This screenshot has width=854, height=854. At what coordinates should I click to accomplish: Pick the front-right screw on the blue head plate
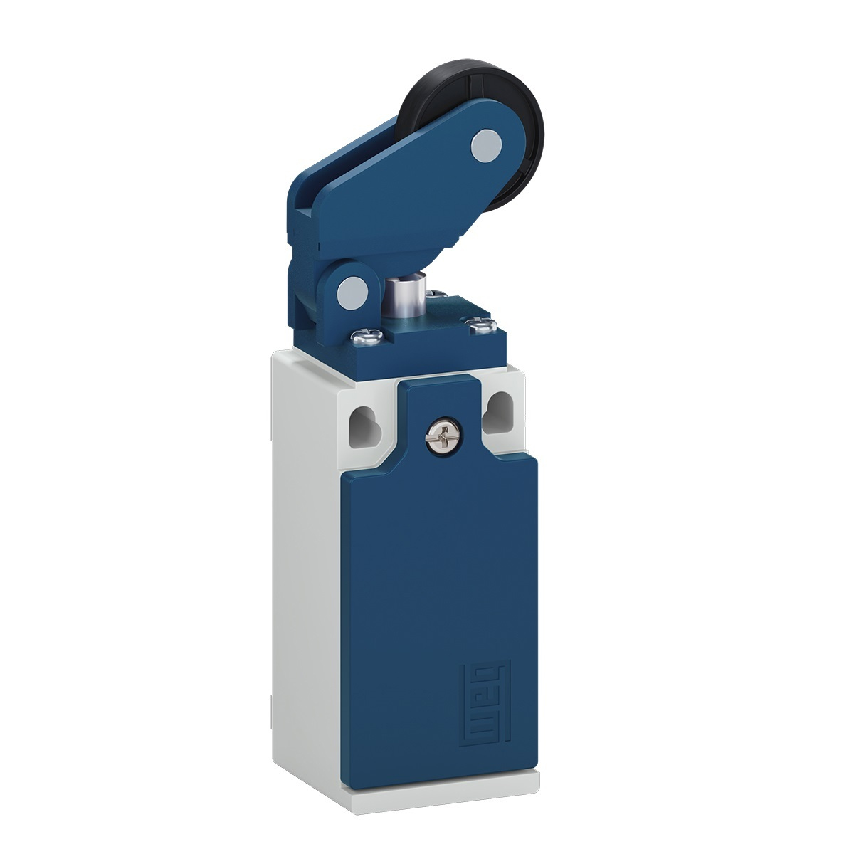click(485, 327)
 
